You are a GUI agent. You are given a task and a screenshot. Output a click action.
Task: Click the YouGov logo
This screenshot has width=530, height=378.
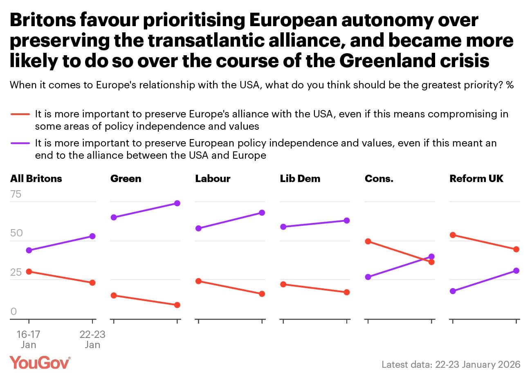point(40,363)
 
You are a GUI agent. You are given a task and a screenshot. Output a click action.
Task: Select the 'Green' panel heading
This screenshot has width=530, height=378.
point(126,179)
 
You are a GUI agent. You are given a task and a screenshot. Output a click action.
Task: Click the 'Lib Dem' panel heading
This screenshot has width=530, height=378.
point(300,179)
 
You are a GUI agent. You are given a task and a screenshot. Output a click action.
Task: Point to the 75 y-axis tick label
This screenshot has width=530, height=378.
point(16,194)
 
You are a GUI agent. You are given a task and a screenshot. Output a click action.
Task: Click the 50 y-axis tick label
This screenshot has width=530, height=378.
point(16,233)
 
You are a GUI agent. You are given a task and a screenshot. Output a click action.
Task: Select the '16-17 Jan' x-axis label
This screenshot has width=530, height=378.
point(28,340)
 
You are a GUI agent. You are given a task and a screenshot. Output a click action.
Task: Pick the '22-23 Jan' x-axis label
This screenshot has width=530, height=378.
point(92,340)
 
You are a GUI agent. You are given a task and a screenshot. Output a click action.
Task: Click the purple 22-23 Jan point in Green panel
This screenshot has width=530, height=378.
point(177,203)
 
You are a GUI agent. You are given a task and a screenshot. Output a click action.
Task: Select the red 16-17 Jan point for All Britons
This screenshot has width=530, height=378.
point(29,272)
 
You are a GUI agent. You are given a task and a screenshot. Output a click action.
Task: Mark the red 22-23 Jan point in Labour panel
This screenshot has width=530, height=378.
point(262,294)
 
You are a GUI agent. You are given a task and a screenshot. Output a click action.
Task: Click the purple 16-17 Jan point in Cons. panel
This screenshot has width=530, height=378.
point(368,277)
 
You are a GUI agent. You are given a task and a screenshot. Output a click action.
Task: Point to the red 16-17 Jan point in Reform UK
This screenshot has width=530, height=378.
point(453,235)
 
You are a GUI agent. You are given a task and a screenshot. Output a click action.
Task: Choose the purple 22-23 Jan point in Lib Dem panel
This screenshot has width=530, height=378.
point(347,220)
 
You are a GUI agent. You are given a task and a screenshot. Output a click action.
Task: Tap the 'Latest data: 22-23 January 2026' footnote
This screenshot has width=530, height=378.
point(451,364)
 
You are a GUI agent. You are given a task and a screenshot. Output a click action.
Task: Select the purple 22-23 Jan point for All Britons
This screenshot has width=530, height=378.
point(92,236)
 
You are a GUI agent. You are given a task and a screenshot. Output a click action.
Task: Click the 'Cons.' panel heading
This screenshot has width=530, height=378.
point(379,179)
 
